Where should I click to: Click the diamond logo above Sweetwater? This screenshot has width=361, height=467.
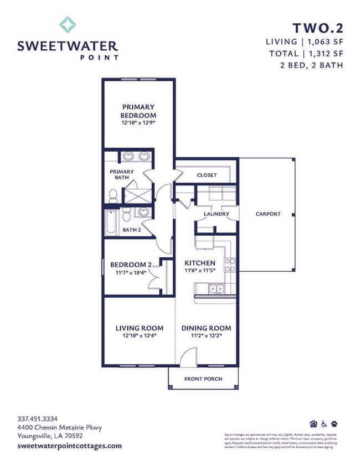68,24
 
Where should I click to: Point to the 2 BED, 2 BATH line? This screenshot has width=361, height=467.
312,65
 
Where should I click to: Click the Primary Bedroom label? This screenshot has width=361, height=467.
138,111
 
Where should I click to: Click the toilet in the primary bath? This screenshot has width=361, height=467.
114,195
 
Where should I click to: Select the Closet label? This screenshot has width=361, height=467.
207,175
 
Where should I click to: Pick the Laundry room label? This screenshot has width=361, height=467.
216,214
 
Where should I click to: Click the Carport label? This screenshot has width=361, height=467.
268,214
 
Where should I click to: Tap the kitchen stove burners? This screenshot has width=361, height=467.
230,265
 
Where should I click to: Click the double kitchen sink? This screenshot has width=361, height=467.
215,288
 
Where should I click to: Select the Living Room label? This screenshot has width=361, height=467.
139,328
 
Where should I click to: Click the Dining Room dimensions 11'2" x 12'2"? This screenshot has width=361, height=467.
206,335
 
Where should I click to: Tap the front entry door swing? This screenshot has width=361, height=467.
189,356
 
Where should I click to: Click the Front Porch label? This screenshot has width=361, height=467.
203,379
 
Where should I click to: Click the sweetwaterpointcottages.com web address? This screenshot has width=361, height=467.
69,445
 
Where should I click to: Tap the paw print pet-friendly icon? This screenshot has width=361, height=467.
334,424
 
